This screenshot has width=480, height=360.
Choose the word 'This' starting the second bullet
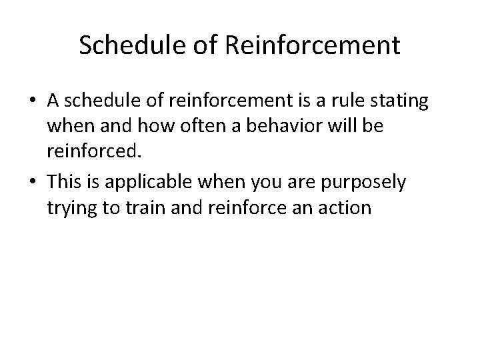[x=65, y=182]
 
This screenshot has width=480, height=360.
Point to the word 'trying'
[x=71, y=208]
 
